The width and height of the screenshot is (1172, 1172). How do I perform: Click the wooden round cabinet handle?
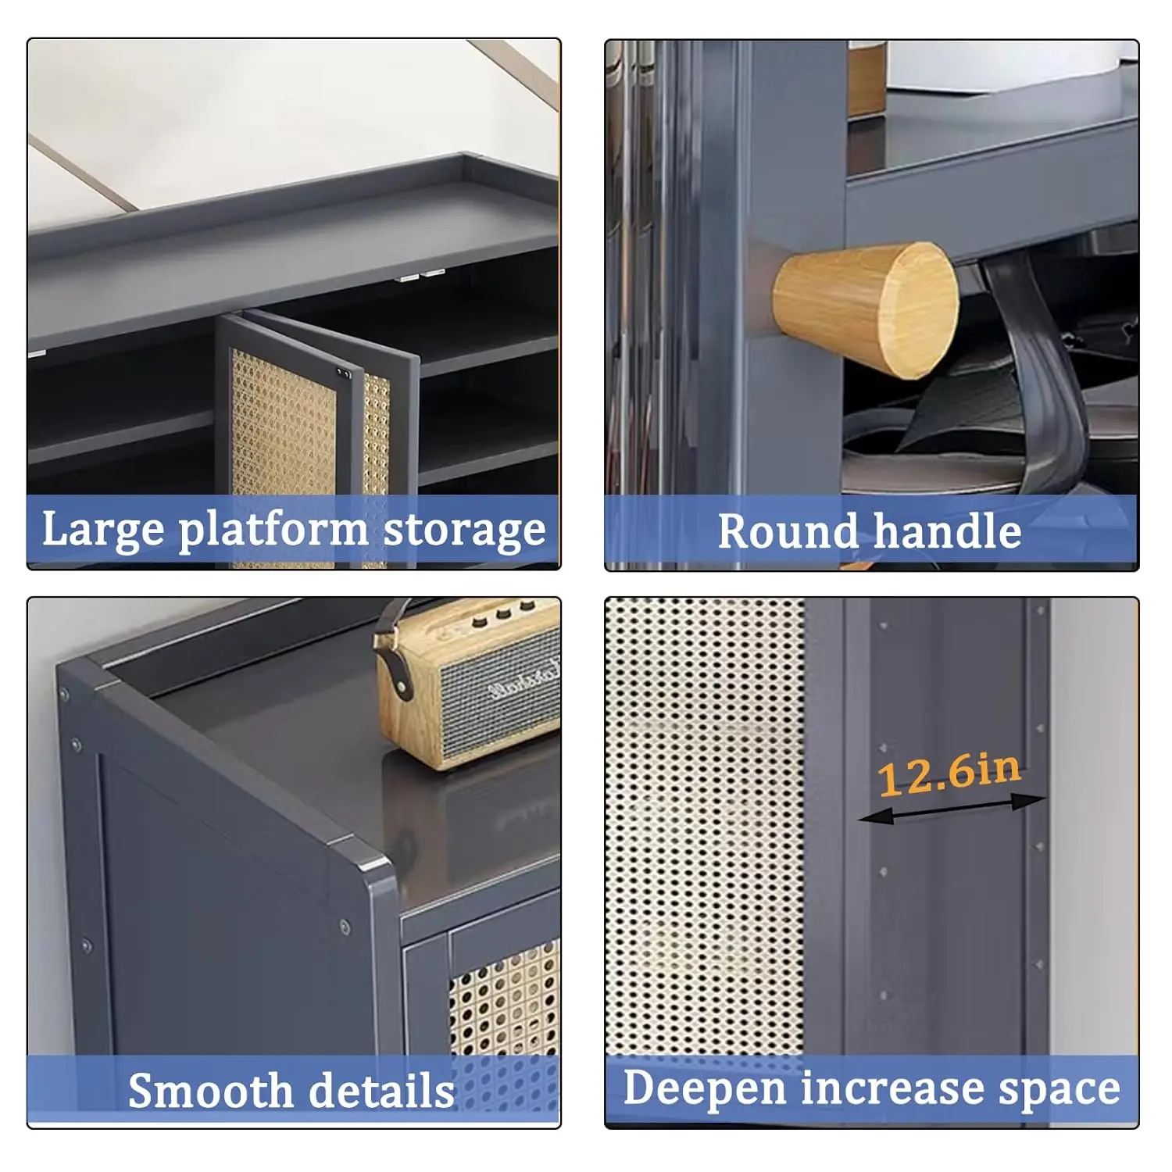coord(866,309)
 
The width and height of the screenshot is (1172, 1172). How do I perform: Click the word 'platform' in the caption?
coord(273,531)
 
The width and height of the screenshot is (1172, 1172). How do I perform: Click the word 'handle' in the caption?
coord(947,531)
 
